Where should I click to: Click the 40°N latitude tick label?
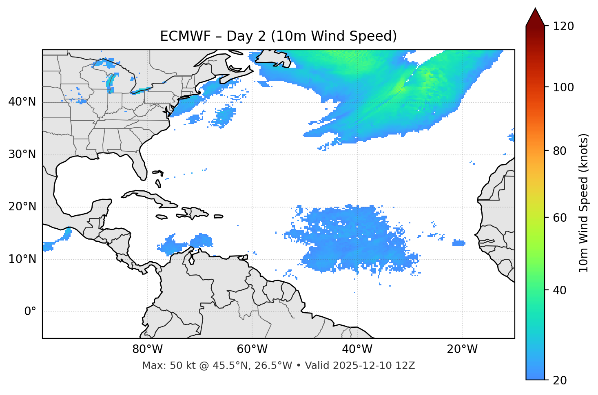tap(22, 102)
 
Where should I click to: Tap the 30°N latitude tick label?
tap(22, 154)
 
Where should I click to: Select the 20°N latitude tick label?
tap(22, 207)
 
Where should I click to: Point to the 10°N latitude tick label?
tap(22, 259)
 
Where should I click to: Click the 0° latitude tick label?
tap(30, 312)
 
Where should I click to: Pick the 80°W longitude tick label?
tap(147, 349)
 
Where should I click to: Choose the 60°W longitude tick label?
tap(252, 349)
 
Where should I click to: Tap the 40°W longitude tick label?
tap(357, 349)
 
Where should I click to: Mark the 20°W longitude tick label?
tap(462, 349)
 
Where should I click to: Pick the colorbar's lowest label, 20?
tap(560, 380)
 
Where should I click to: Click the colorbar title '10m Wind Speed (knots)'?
tap(584, 203)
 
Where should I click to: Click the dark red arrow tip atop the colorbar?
tap(535, 15)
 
